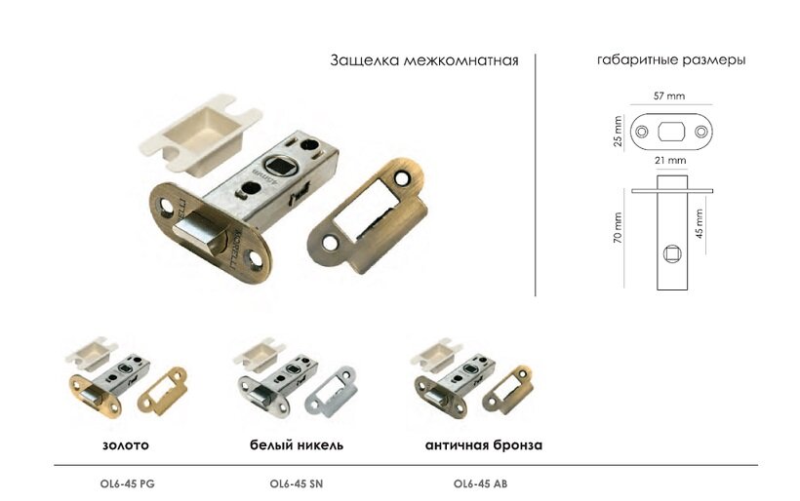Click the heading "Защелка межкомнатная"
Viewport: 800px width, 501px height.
pos(424,60)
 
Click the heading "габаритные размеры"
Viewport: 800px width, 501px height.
pos(671,60)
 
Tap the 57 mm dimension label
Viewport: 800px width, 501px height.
pos(669,96)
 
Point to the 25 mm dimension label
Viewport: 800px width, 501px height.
pos(619,132)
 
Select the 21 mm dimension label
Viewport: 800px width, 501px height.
pos(670,160)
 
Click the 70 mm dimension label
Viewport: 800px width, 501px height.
pos(619,228)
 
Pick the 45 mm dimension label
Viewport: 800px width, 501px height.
pos(700,223)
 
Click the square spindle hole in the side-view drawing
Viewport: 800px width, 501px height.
pos(671,253)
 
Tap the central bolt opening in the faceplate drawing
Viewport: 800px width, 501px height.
pos(671,132)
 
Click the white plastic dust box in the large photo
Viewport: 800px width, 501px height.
pos(201,135)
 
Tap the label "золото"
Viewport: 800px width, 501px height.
pos(126,444)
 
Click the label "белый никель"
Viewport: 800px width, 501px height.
pos(297,444)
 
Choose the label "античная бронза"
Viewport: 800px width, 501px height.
pos(484,444)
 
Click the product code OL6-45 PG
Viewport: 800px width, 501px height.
pos(128,483)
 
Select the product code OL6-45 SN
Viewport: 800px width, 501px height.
pos(297,483)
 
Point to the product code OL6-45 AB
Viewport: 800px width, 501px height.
pos(481,483)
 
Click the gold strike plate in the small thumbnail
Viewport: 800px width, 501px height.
pos(162,390)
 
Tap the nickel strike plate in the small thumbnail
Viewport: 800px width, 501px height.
pos(331,391)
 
